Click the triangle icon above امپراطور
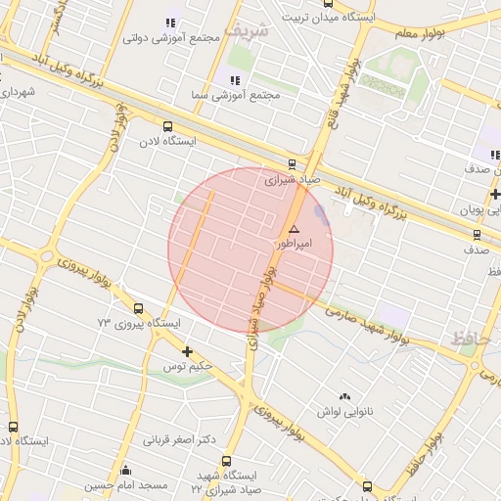[294, 227]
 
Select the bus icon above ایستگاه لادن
[167, 126]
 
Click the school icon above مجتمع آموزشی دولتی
[170, 23]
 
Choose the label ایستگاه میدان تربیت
[323, 17]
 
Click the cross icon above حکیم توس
[187, 350]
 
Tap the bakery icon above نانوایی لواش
[343, 396]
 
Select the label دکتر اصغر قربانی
[180, 439]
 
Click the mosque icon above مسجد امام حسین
[124, 471]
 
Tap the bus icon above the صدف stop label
[477, 235]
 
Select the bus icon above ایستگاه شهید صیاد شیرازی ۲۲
[226, 461]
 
